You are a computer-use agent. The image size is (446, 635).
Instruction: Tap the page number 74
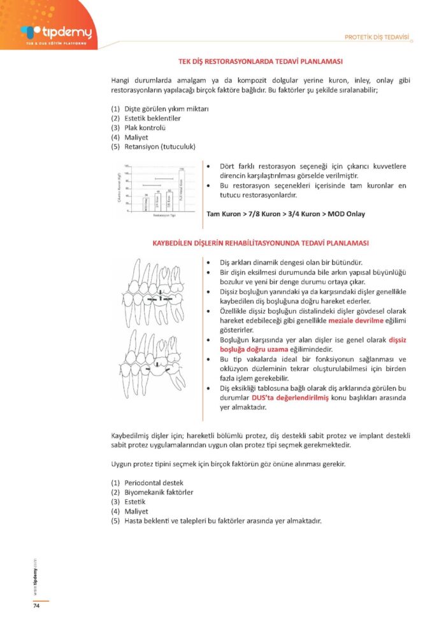[x=36, y=606]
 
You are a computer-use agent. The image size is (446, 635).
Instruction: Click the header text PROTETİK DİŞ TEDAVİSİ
[x=376, y=36]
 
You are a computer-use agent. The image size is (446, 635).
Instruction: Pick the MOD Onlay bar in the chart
[x=145, y=204]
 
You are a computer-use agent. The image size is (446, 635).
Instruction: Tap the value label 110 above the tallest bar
[x=182, y=168]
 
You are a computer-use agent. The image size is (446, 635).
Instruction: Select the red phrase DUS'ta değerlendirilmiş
[x=290, y=398]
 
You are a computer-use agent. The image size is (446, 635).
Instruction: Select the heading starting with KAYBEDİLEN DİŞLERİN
[x=261, y=244]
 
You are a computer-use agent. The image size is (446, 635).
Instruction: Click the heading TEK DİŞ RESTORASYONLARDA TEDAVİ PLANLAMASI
[x=261, y=62]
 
